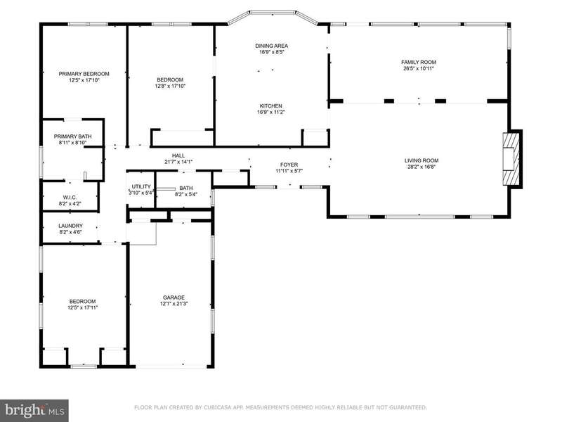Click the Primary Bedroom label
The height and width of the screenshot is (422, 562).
pos(84,74)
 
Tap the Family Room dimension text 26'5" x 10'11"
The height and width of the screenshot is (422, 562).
pos(419,68)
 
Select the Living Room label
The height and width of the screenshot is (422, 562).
pos(421,160)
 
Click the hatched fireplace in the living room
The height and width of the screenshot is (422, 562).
pos(511,159)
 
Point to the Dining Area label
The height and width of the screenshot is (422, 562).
pos(272,46)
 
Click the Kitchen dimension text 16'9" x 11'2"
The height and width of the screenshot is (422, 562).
pos(271,112)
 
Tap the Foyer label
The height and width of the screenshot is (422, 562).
pos(289,165)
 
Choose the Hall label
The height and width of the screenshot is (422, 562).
pos(178,155)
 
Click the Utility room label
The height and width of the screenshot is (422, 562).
pos(141,186)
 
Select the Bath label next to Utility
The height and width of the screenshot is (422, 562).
pos(186,188)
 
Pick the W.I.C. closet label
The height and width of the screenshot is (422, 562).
pos(70,198)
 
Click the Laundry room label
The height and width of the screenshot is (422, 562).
pos(71,226)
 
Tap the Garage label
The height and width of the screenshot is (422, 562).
pos(174,298)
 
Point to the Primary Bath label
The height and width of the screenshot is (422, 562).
pos(73,136)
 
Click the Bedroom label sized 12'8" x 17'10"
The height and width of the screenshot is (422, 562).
pos(170,79)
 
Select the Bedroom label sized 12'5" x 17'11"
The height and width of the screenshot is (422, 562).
pos(83,302)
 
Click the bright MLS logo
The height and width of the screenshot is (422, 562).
pos(34,410)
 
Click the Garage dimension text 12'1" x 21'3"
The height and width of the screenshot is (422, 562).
pos(174,304)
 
